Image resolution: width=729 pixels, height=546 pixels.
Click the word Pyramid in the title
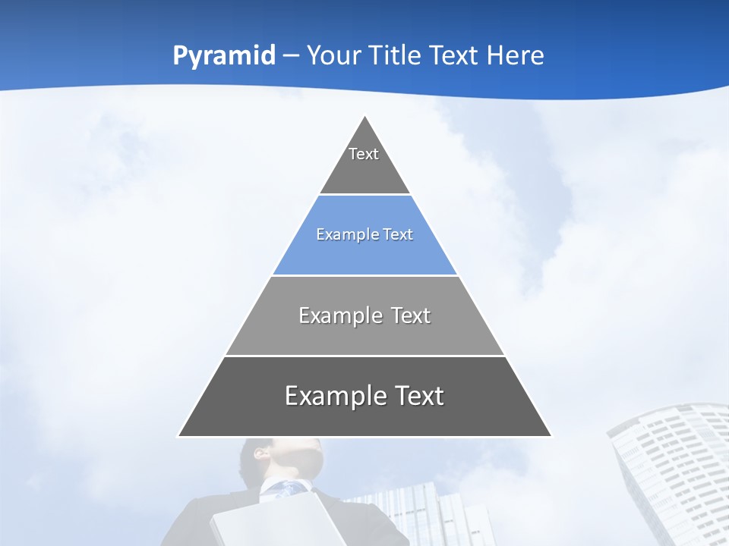click(x=224, y=56)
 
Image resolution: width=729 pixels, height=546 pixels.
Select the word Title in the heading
click(x=395, y=56)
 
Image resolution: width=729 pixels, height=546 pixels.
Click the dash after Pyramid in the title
click(x=291, y=56)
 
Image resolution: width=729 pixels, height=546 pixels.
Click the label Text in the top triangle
click(x=364, y=154)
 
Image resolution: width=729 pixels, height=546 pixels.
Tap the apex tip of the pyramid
click(x=365, y=118)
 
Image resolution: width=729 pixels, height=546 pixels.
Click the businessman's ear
click(x=259, y=453)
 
